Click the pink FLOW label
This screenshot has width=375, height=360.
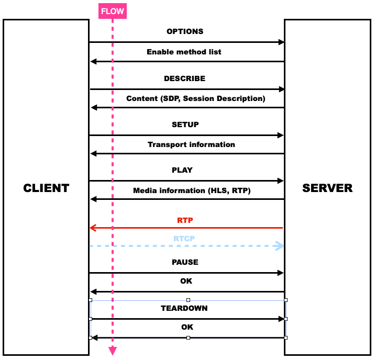click(113, 11)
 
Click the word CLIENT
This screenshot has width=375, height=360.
click(46, 188)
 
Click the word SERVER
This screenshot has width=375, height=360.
click(327, 188)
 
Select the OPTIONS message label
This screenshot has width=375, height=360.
click(185, 31)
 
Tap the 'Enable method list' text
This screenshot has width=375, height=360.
click(184, 52)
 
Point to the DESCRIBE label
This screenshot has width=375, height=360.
click(184, 78)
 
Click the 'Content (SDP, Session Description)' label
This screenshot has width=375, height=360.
click(196, 98)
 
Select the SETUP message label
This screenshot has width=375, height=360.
click(185, 125)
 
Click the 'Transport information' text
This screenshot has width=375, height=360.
click(191, 144)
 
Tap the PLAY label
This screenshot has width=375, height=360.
click(182, 170)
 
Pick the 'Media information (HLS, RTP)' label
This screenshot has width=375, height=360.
click(192, 191)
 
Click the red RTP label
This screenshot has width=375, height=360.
click(185, 220)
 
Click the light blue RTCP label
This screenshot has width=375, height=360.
click(185, 239)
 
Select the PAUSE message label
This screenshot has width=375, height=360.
click(185, 262)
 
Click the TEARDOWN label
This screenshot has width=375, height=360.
click(184, 308)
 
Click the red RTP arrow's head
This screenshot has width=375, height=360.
click(93, 228)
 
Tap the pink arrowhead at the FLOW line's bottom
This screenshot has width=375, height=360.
click(112, 351)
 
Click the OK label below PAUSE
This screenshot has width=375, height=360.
click(186, 281)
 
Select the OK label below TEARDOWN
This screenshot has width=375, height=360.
click(187, 327)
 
